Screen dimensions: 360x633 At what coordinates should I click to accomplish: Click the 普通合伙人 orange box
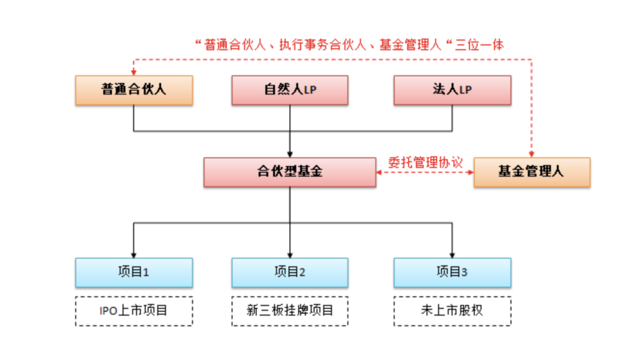tap(134, 90)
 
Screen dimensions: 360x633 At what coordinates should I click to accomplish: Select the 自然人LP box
tap(290, 90)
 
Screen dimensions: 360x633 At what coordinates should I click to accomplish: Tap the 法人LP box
tap(452, 90)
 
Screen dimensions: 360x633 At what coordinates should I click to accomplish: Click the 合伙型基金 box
tap(290, 172)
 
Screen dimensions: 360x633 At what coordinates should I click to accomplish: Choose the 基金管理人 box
tap(531, 172)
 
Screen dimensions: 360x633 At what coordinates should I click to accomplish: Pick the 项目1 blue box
tap(134, 272)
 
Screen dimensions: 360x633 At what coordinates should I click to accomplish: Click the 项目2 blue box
tap(290, 272)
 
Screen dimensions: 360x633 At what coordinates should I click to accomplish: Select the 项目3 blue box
tap(452, 272)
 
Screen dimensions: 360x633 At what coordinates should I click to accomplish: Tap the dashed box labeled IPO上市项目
tap(134, 311)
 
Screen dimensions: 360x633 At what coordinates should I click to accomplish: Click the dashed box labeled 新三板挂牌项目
tap(290, 311)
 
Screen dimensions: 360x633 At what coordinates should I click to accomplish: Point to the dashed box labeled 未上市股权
tap(452, 311)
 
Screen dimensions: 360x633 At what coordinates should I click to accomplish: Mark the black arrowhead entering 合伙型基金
tap(290, 154)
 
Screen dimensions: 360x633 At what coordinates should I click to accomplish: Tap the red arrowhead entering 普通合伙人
tap(134, 73)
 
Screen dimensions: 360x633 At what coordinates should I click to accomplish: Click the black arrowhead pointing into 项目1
tap(134, 254)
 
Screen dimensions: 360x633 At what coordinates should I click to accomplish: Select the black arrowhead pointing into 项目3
tap(452, 254)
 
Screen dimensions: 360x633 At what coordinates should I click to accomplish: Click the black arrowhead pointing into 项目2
tap(290, 254)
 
